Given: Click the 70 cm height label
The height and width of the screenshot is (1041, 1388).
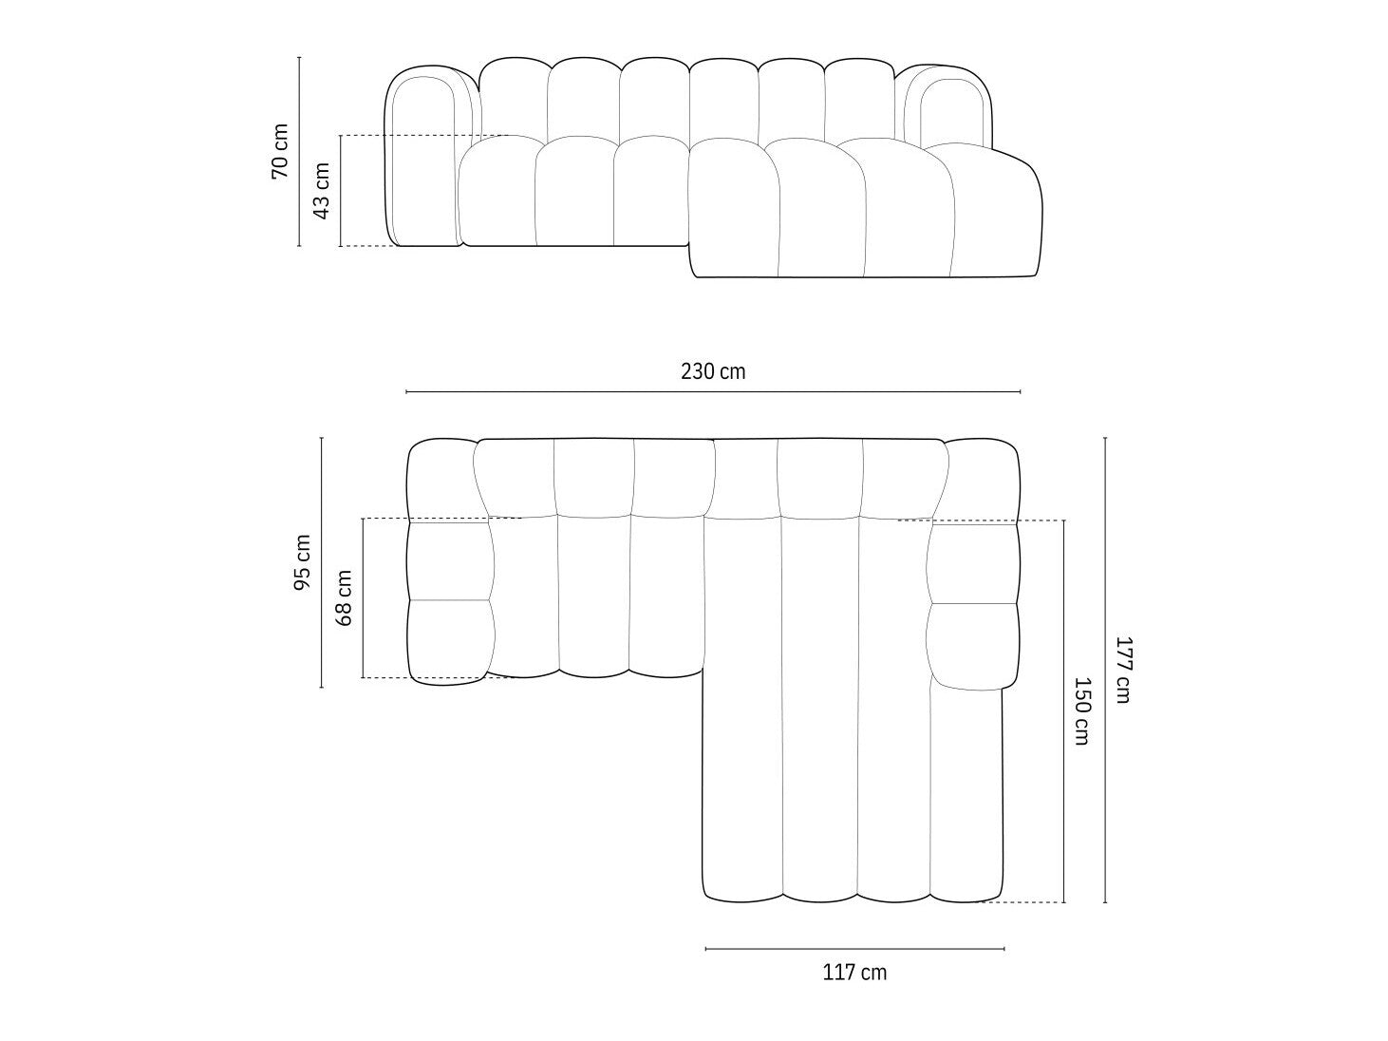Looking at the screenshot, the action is [279, 151].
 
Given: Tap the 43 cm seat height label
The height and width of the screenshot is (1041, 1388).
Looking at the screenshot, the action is [322, 190].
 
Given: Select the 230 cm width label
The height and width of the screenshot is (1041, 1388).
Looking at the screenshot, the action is [713, 371].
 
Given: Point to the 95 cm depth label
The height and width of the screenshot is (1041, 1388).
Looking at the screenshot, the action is [302, 562].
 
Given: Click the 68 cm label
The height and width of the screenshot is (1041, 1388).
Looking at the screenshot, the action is [344, 597].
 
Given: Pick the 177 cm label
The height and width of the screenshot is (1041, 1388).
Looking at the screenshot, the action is [1123, 670].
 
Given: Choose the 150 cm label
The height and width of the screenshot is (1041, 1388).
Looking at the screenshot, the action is [1082, 711].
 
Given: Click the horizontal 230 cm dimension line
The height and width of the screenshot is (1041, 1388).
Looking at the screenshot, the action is [713, 392].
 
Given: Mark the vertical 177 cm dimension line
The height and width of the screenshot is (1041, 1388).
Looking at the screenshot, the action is [1105, 670].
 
